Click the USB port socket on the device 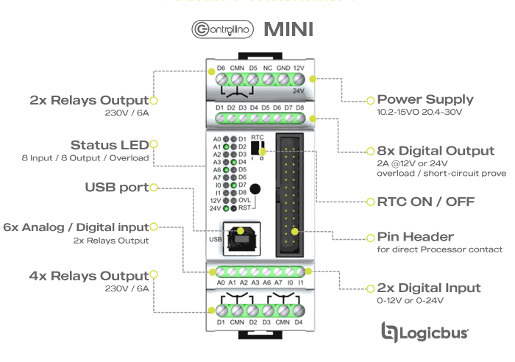pyautogui.click(x=241, y=235)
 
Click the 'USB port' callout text pyautogui.click(x=117, y=187)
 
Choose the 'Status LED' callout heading pyautogui.click(x=109, y=145)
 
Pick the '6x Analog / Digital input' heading pyautogui.click(x=77, y=227)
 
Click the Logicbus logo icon pyautogui.click(x=391, y=332)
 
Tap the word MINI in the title pyautogui.click(x=288, y=29)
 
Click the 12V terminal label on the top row pyautogui.click(x=299, y=68)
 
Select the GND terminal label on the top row pyautogui.click(x=283, y=68)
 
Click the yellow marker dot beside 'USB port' pyautogui.click(x=154, y=188)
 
